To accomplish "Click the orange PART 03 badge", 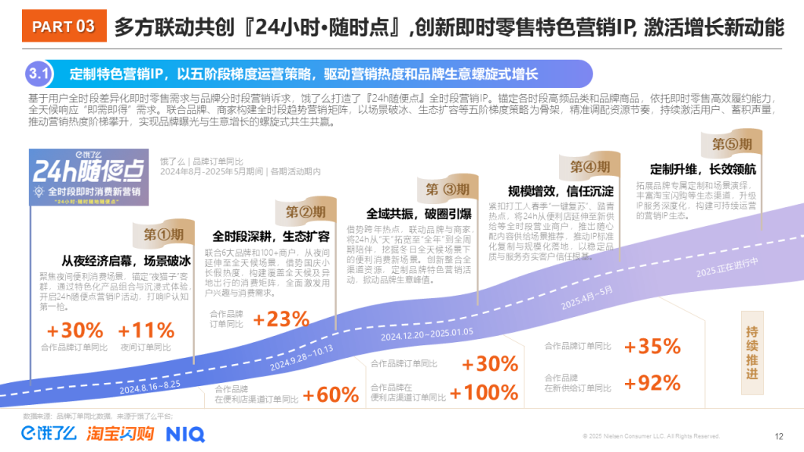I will tap(64, 27).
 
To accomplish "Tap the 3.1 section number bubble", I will tap(39, 75).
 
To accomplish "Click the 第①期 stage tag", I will tap(163, 234).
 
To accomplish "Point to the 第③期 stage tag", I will tap(447, 189).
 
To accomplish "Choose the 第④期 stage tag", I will tap(590, 167).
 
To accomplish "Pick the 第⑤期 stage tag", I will tap(732, 144).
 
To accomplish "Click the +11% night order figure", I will tap(146, 330).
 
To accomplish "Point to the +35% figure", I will tap(652, 346).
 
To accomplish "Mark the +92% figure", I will tap(652, 383).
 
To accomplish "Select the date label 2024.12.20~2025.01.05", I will tap(427, 334).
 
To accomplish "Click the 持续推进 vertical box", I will tap(752, 353).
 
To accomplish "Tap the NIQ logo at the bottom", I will tap(185, 433).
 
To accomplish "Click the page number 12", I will tap(779, 436).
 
